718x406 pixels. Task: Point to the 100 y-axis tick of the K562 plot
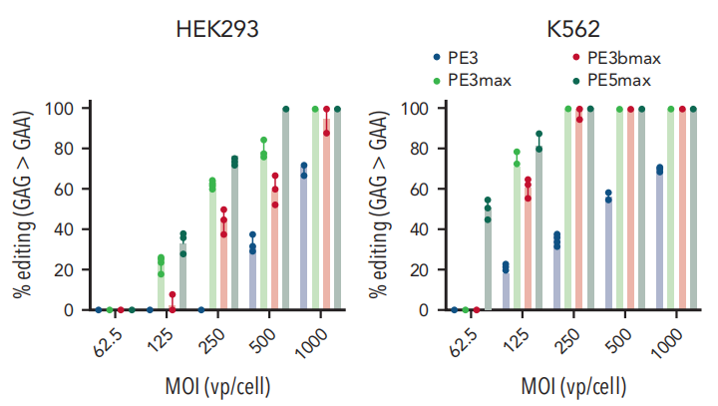click(x=420, y=108)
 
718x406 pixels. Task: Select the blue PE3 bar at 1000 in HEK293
click(x=303, y=240)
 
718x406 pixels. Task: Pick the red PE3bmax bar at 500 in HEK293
click(x=275, y=249)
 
